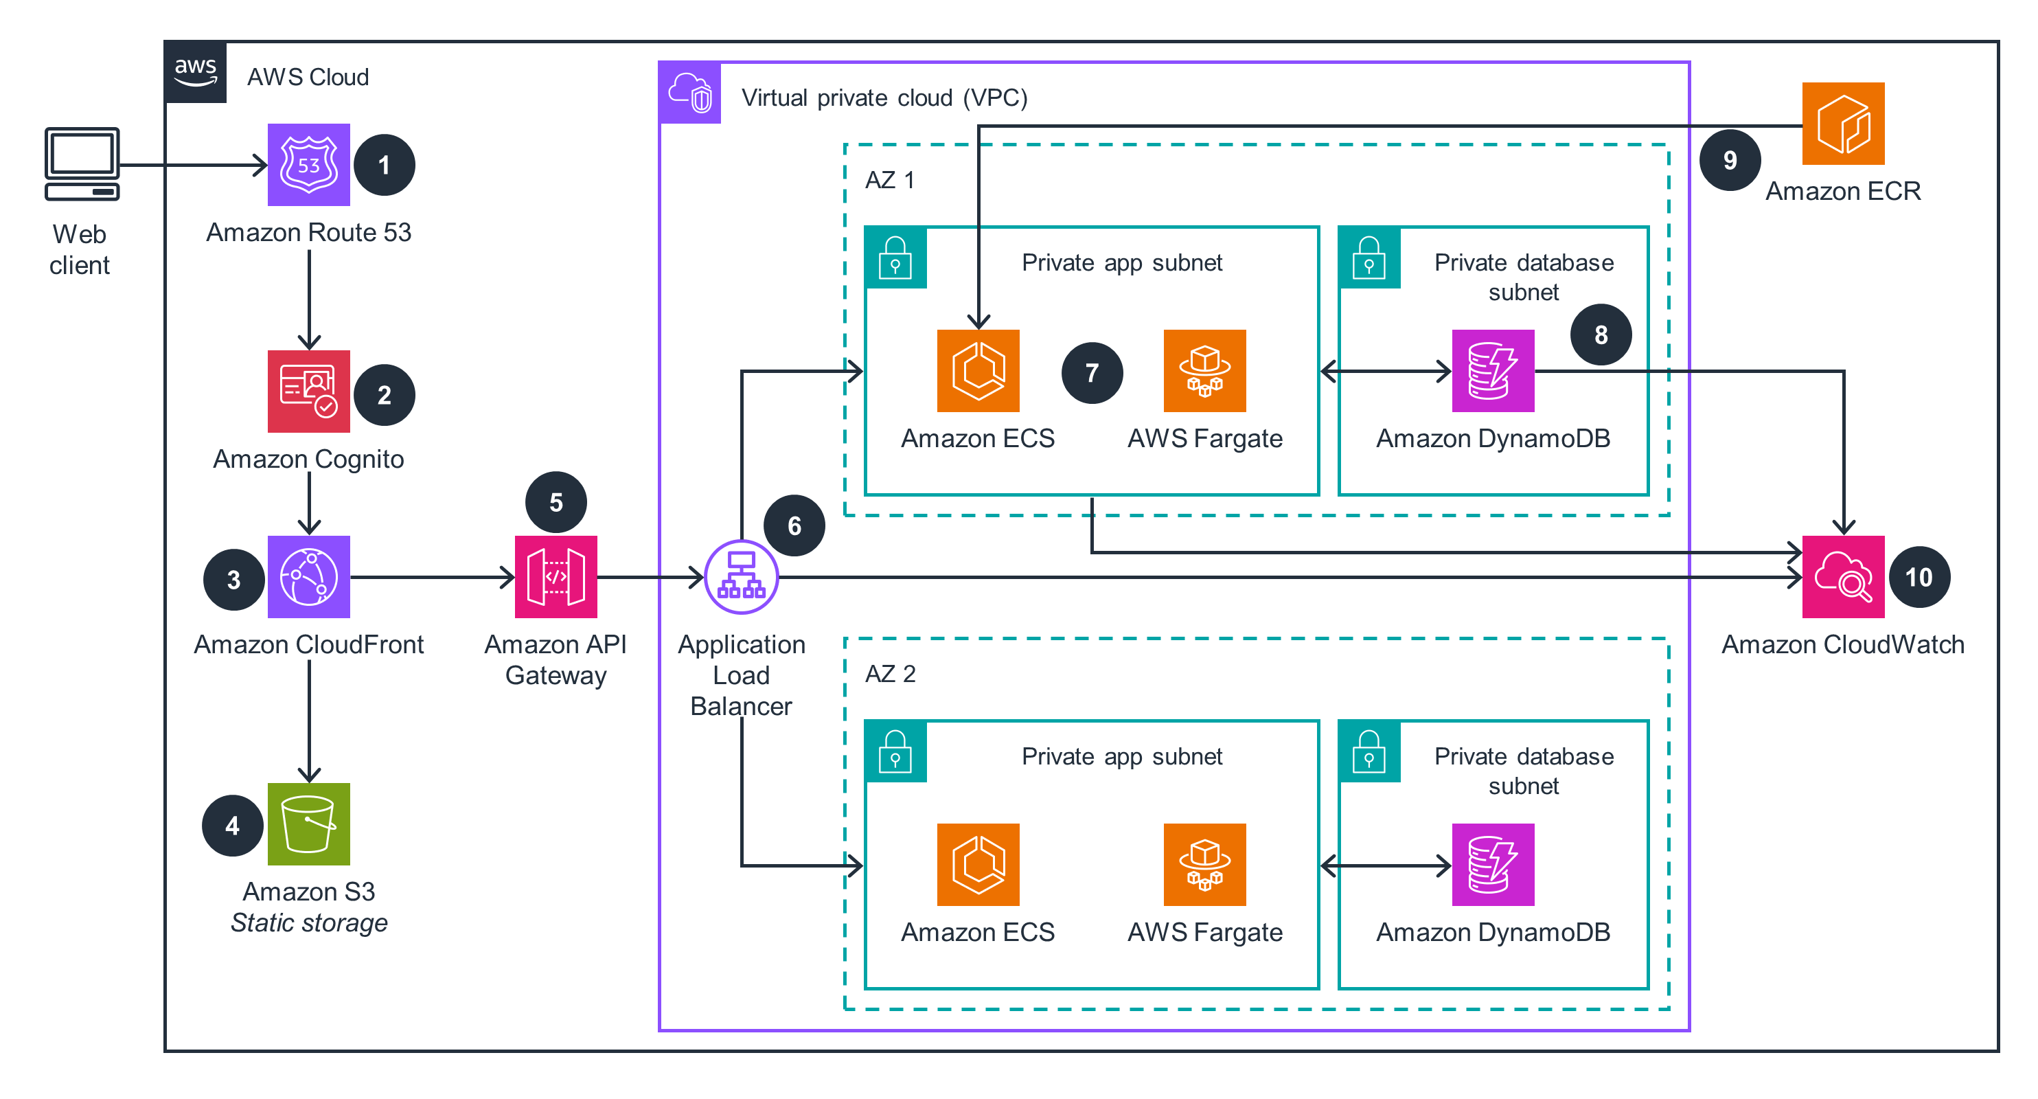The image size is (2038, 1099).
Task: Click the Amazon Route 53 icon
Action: (308, 165)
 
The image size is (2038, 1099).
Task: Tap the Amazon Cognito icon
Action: (308, 391)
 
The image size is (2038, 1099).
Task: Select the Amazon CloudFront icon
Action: (308, 577)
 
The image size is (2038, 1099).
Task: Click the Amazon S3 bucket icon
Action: (308, 824)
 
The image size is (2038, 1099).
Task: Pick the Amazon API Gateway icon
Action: (556, 577)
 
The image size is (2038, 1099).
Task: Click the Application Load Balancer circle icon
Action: (742, 577)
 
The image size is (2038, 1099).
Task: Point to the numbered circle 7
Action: (1092, 373)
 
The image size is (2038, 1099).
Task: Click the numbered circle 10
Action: (1919, 577)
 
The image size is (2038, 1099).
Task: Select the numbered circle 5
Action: (556, 501)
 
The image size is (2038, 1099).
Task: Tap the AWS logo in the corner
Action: (196, 72)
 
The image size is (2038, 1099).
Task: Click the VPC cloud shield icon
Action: (690, 93)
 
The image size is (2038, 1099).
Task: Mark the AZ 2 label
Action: (890, 673)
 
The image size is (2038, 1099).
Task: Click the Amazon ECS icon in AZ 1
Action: (978, 370)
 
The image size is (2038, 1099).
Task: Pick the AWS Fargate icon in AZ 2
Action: (1204, 864)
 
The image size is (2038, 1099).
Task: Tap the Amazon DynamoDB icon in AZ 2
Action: (1493, 864)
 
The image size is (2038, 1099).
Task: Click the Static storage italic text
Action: (308, 922)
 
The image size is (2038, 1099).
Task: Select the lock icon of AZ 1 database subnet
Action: (1369, 258)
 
